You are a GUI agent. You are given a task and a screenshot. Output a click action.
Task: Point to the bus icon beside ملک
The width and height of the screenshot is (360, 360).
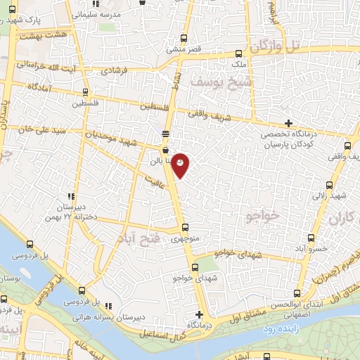click(239, 53)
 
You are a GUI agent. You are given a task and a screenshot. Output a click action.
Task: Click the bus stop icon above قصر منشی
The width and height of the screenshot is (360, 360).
click(184, 39)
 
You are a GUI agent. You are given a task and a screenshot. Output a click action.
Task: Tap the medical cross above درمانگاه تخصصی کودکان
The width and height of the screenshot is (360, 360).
click(288, 123)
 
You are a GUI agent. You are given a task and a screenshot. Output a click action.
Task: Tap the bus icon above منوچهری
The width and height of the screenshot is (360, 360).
click(185, 227)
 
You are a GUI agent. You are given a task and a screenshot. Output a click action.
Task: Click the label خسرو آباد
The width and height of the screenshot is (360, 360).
click(309, 249)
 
